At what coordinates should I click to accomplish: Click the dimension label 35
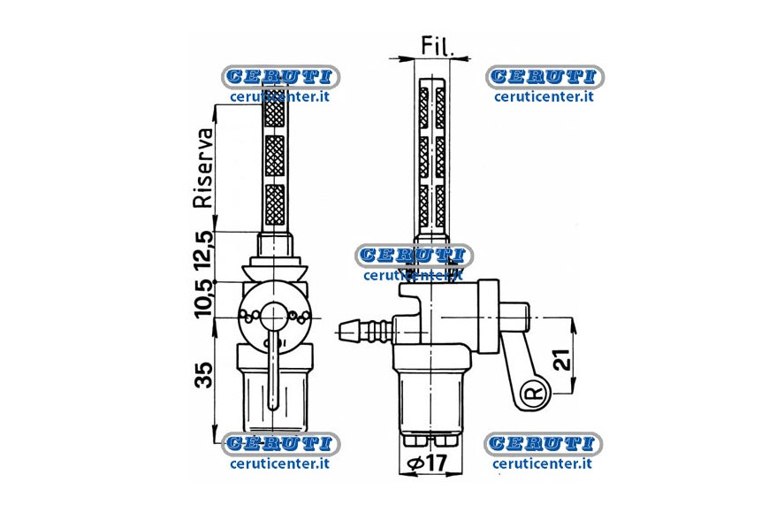204,376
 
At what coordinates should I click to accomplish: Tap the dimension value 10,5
204,298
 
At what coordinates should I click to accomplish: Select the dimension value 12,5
204,251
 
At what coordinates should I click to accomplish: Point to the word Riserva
204,168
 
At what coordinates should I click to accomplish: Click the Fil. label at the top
438,46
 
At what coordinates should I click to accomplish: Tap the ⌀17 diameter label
427,463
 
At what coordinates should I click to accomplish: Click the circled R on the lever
536,392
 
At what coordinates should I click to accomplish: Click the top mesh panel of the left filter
274,114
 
